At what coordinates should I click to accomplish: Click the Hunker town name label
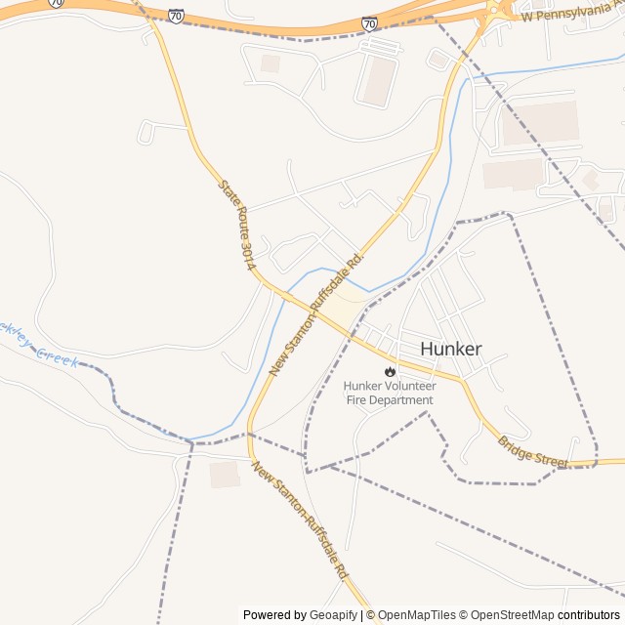(450, 349)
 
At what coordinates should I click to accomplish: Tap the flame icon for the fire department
(391, 371)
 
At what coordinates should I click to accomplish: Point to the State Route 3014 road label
(237, 225)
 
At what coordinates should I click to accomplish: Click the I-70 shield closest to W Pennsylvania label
(369, 23)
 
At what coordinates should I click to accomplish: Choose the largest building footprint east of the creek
(539, 123)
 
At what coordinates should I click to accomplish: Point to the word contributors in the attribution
(589, 615)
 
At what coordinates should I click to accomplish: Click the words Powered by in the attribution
(272, 615)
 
